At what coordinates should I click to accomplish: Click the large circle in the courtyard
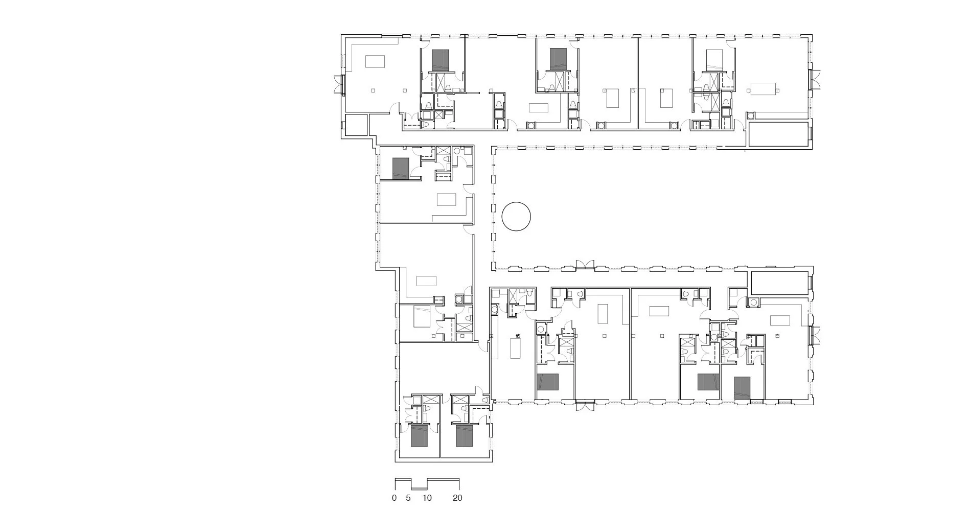pyautogui.click(x=516, y=217)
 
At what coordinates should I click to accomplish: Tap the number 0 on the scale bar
pyautogui.click(x=394, y=498)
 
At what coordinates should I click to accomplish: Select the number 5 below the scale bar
pyautogui.click(x=408, y=498)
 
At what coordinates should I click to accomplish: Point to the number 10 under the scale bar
pyautogui.click(x=427, y=498)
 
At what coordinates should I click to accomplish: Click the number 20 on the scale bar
pyautogui.click(x=457, y=498)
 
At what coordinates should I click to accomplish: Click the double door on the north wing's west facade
pyautogui.click(x=338, y=84)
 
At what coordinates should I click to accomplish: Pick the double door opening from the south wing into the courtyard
pyautogui.click(x=585, y=264)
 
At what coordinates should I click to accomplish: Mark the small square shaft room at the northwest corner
pyautogui.click(x=356, y=124)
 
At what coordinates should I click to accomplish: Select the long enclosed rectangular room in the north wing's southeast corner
pyautogui.click(x=778, y=133)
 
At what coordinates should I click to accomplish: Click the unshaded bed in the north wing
pyautogui.click(x=713, y=60)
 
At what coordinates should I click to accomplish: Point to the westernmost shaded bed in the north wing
pyautogui.click(x=440, y=60)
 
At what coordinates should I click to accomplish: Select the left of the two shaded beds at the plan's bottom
pyautogui.click(x=419, y=435)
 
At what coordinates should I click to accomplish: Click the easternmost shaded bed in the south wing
pyautogui.click(x=742, y=387)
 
